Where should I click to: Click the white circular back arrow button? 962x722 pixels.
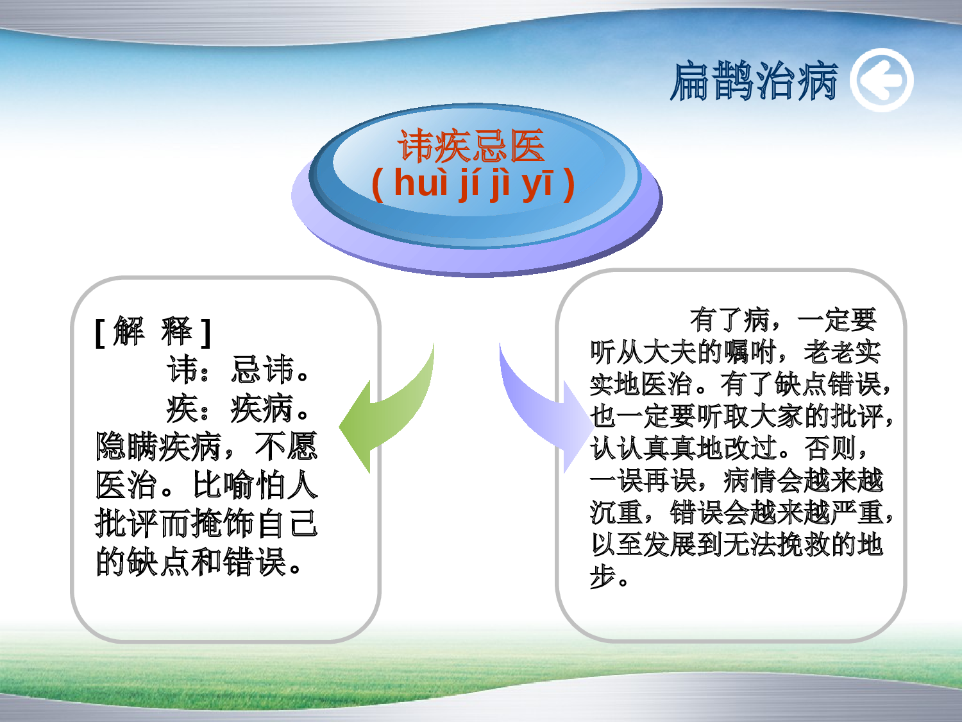pyautogui.click(x=882, y=81)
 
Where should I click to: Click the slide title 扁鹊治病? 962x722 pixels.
pyautogui.click(x=754, y=82)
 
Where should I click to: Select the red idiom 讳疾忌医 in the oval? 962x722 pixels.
pyautogui.click(x=471, y=146)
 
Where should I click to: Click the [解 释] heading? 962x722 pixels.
pyautogui.click(x=153, y=332)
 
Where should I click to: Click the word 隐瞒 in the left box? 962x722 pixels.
pyautogui.click(x=127, y=447)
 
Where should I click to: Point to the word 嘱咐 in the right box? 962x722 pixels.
pyautogui.click(x=750, y=352)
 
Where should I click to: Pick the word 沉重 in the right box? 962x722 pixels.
pyautogui.click(x=616, y=513)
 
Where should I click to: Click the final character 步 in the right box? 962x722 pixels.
pyautogui.click(x=603, y=577)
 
